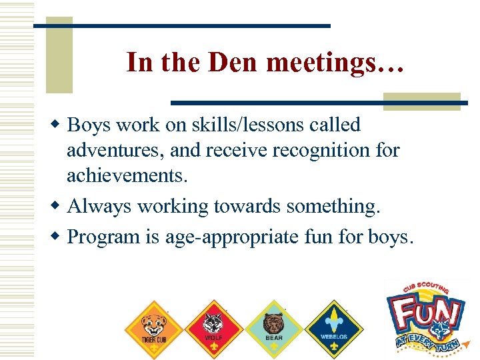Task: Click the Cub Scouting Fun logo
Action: click(425, 313)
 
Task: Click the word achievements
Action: click(127, 176)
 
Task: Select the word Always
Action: click(100, 207)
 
